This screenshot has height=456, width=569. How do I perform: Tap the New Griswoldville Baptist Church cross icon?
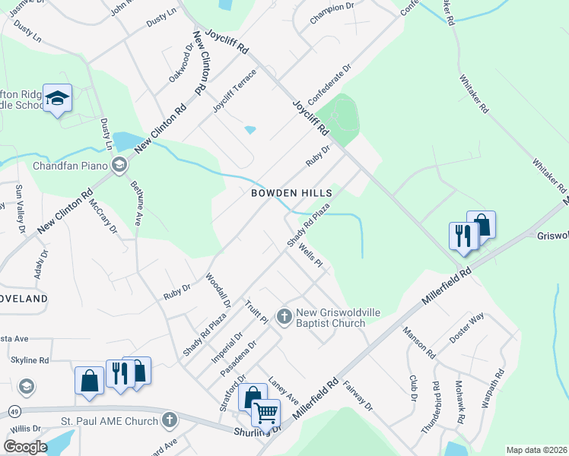click(x=284, y=315)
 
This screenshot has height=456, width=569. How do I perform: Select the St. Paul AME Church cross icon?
click(x=169, y=419)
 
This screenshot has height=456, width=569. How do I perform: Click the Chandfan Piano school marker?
click(x=119, y=165)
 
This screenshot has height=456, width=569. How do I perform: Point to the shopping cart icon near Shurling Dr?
click(x=265, y=413)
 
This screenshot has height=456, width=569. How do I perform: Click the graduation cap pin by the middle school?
click(x=57, y=98)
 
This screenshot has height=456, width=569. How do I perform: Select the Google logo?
click(x=24, y=446)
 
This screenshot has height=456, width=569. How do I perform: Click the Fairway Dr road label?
click(x=358, y=396)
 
